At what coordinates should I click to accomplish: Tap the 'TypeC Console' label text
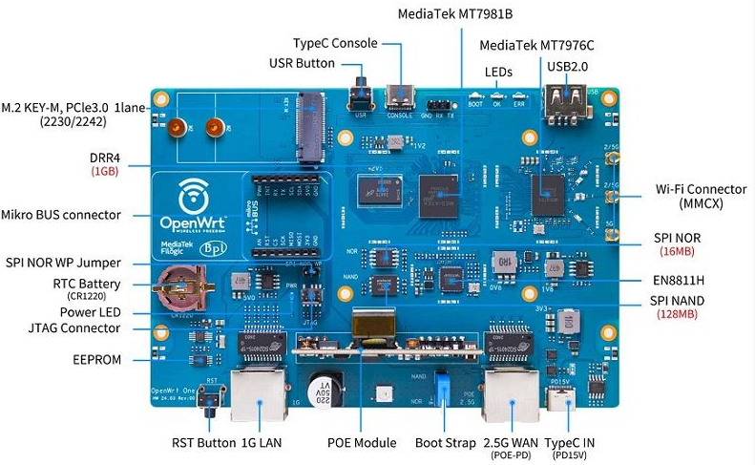click(334, 43)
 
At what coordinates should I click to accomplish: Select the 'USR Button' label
click(302, 63)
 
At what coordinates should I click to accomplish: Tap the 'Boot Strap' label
click(445, 442)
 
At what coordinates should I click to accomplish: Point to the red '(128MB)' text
click(679, 314)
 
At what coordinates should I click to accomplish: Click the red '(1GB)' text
click(104, 171)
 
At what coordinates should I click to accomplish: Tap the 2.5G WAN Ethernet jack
click(509, 392)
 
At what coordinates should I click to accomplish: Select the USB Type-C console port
click(400, 97)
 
